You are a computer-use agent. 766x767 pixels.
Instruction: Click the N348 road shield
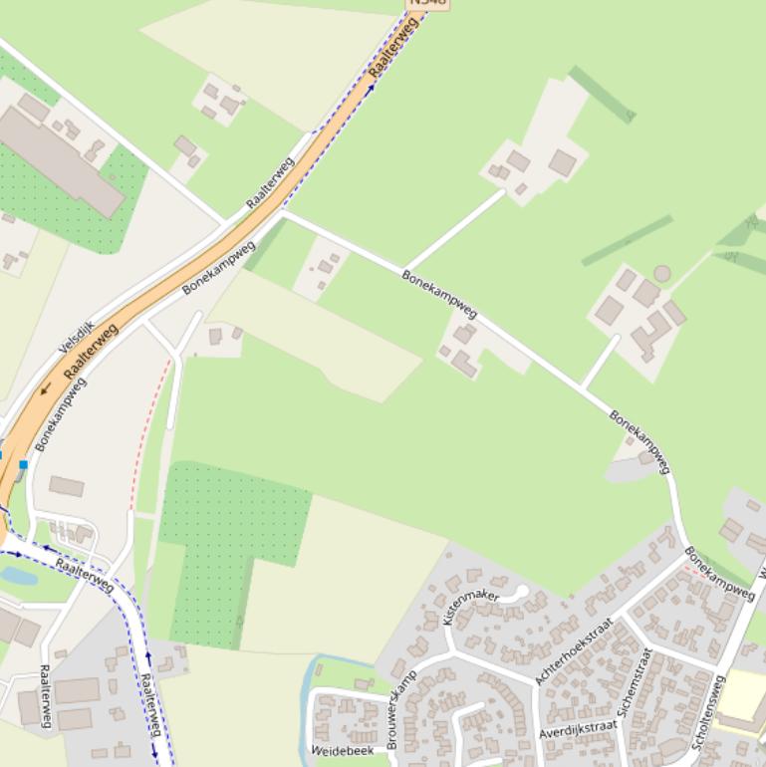(428, 3)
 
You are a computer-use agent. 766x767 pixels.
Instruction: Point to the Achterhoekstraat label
(574, 651)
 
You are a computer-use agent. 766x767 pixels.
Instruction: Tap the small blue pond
(19, 575)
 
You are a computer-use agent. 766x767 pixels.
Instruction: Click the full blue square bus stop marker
(23, 464)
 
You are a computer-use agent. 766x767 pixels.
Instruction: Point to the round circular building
(662, 273)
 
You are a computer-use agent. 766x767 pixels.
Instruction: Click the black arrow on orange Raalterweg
(46, 387)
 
